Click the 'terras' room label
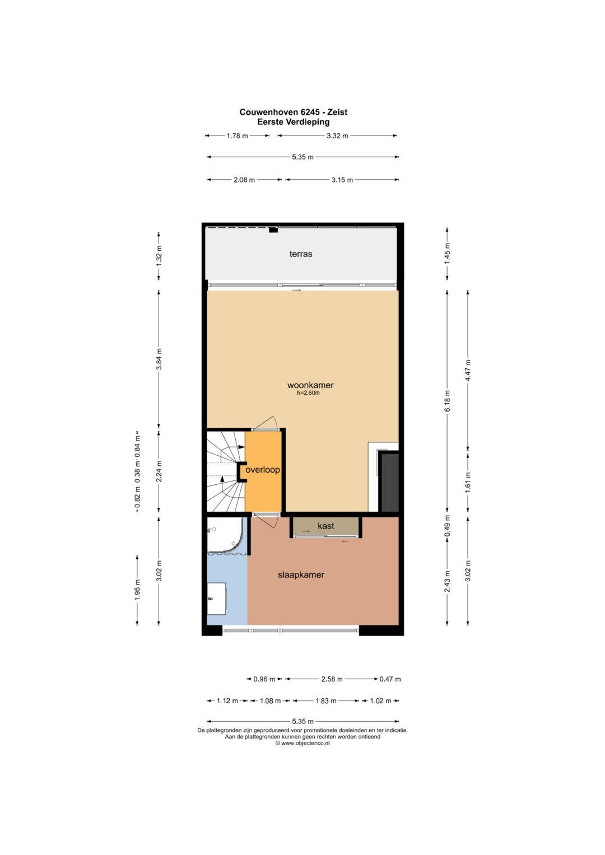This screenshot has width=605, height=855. pyautogui.click(x=301, y=254)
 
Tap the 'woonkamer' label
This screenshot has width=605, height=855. pyautogui.click(x=310, y=385)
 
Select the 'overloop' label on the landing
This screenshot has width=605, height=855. pyautogui.click(x=263, y=470)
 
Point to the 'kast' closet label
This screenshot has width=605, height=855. pyautogui.click(x=325, y=526)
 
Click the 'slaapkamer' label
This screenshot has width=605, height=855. pyautogui.click(x=301, y=575)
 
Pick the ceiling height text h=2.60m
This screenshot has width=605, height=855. pyautogui.click(x=308, y=393)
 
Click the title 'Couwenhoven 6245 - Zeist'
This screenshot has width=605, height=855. pyautogui.click(x=294, y=112)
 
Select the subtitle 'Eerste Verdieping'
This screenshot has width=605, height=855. pyautogui.click(x=294, y=122)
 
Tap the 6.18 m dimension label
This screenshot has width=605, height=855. pyautogui.click(x=448, y=400)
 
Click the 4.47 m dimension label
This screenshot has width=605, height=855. pyautogui.click(x=468, y=370)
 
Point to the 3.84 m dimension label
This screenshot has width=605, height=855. pyautogui.click(x=159, y=359)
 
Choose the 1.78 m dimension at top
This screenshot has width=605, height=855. pyautogui.click(x=237, y=136)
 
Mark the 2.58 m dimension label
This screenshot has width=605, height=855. pyautogui.click(x=332, y=679)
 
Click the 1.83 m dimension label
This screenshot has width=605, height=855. pyautogui.click(x=326, y=701)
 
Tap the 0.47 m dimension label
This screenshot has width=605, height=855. pyautogui.click(x=390, y=679)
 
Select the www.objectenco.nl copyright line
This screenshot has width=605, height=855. pyautogui.click(x=302, y=743)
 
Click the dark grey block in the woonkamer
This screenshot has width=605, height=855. pyautogui.click(x=389, y=482)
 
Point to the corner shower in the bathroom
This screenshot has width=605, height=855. pyautogui.click(x=225, y=535)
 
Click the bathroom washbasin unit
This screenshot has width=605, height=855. pyautogui.click(x=216, y=599)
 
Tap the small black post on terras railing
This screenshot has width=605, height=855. pyautogui.click(x=273, y=230)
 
